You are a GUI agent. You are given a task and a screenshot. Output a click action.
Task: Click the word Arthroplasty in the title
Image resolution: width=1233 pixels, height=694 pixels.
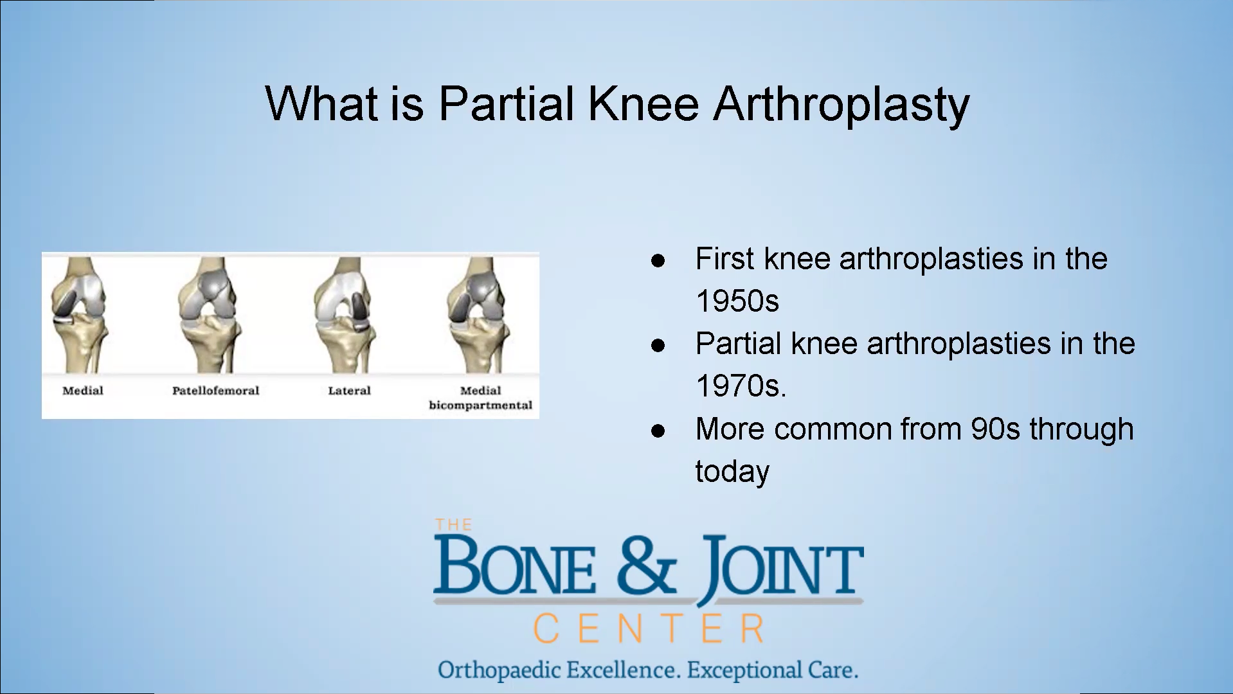point(842,105)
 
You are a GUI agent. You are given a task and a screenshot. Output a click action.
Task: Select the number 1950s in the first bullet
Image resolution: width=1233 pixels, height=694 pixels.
point(737,301)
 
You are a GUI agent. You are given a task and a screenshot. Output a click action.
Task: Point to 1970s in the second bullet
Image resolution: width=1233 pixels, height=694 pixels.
point(741,386)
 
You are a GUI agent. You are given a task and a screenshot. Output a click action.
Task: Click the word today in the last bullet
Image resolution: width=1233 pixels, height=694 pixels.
point(732,472)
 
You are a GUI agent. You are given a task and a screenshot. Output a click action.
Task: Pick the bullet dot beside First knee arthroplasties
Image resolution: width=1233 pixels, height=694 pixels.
point(658,260)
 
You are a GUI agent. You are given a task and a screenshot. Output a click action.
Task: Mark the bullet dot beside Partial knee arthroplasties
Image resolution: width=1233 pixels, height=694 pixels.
point(658,346)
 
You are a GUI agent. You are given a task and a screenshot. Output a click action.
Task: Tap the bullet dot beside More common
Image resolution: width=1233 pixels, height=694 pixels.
point(658,431)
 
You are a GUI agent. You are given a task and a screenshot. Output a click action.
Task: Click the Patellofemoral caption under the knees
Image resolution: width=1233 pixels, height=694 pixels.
point(215,390)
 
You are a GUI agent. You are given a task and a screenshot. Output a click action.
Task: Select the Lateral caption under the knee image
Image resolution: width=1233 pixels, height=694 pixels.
point(349,390)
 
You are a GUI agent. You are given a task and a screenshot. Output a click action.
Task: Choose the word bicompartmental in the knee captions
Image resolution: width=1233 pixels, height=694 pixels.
point(481,405)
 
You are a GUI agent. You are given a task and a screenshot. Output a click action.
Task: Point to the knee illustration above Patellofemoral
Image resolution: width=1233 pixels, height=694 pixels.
point(208,315)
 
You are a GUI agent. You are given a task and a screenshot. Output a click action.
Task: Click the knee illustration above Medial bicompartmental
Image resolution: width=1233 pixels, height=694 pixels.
point(478,315)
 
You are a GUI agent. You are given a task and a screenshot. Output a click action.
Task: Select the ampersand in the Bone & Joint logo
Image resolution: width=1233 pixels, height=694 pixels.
point(647,566)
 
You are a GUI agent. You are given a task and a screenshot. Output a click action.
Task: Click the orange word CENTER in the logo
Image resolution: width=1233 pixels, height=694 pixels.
point(649,628)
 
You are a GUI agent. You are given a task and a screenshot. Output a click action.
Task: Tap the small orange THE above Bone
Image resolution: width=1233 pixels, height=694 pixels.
point(453,525)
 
